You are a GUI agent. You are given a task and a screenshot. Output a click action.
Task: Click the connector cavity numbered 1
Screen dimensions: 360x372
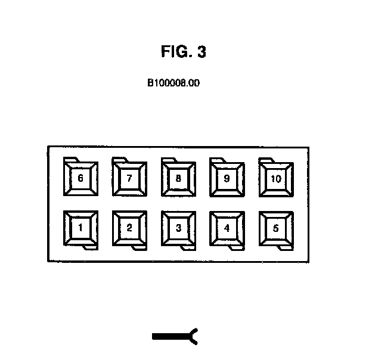(80, 227)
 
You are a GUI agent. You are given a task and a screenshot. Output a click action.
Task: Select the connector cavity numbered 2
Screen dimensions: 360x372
(129, 227)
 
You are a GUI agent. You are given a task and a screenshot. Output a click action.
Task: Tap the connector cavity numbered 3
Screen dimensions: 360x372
(178, 227)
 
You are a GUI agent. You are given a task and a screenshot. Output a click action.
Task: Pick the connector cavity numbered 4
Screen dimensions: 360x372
(227, 227)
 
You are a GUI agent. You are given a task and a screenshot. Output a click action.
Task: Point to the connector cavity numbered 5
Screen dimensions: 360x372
(275, 227)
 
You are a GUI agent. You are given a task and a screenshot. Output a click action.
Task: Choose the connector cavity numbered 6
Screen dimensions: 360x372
(80, 178)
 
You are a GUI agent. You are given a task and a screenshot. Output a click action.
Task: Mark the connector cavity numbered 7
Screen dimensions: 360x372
(129, 178)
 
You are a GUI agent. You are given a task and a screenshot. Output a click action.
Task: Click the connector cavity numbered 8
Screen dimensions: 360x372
(178, 178)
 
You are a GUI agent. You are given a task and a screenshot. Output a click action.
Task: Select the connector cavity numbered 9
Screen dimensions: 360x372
(227, 178)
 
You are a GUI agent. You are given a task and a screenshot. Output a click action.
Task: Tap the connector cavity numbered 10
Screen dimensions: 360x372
(275, 178)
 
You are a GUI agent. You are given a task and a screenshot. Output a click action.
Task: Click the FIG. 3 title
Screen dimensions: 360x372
(184, 52)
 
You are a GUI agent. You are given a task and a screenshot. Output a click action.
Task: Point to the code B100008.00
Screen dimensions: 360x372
(173, 83)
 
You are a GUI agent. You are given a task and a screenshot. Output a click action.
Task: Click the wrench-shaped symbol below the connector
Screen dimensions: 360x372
(175, 337)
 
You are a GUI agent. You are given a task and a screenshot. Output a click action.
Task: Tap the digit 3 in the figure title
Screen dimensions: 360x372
(201, 52)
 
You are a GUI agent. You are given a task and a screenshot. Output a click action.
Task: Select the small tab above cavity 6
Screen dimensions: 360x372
(71, 159)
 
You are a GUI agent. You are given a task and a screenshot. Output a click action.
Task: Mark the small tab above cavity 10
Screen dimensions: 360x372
(265, 159)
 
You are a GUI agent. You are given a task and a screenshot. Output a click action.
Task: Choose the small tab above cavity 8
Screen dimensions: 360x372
(169, 159)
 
